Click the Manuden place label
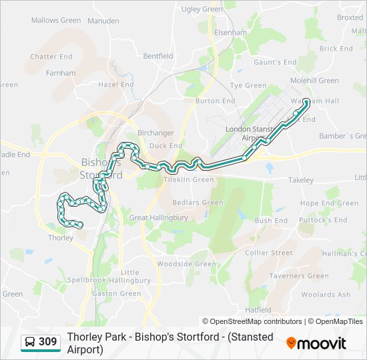[103, 21]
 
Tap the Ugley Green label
[202, 9]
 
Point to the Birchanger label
[155, 133]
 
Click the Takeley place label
[300, 180]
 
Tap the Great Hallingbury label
[158, 217]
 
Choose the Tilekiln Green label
[190, 179]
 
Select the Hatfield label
[258, 310]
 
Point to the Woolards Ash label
[326, 295]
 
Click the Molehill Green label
[315, 81]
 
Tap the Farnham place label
[61, 73]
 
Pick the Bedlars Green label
[198, 203]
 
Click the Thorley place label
[61, 237]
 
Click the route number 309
[47, 342]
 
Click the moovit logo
[316, 343]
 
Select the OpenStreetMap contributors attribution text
[252, 321]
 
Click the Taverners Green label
[299, 276]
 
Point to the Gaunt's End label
[275, 62]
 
